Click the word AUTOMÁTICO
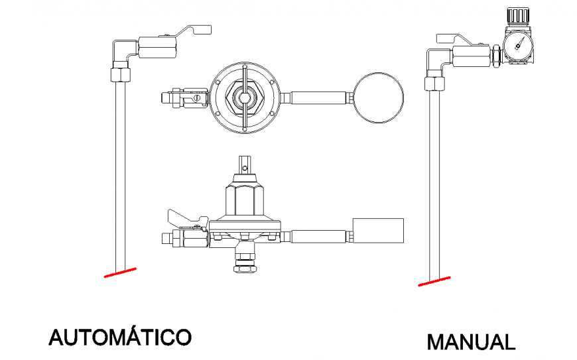(120, 336)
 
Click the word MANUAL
(470, 342)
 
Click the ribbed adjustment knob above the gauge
(518, 17)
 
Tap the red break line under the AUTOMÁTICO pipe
(120, 272)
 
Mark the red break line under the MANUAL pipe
(435, 282)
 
